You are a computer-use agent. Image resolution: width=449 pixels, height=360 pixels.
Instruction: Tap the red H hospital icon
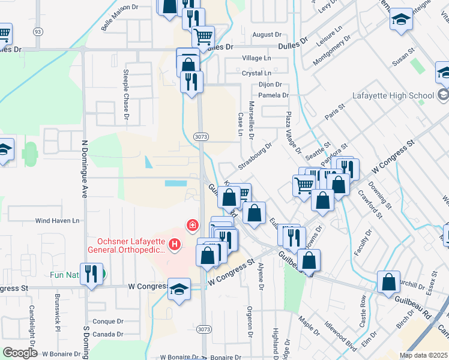coord(175,244)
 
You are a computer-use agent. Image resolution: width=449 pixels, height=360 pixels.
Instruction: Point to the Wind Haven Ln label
coord(57,221)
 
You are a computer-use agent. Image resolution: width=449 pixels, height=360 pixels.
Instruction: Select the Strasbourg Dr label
coord(255,155)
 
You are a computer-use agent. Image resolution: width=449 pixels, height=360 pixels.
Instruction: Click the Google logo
coord(20,353)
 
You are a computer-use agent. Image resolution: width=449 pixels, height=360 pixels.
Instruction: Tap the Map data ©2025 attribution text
coord(423,355)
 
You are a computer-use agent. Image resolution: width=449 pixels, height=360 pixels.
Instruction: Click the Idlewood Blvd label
coord(340,336)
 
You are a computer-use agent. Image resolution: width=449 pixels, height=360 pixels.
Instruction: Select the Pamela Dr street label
coord(274,95)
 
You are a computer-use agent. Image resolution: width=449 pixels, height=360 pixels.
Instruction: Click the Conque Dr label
coord(108,321)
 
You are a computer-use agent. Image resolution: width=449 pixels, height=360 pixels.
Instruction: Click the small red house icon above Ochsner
coord(192,226)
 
